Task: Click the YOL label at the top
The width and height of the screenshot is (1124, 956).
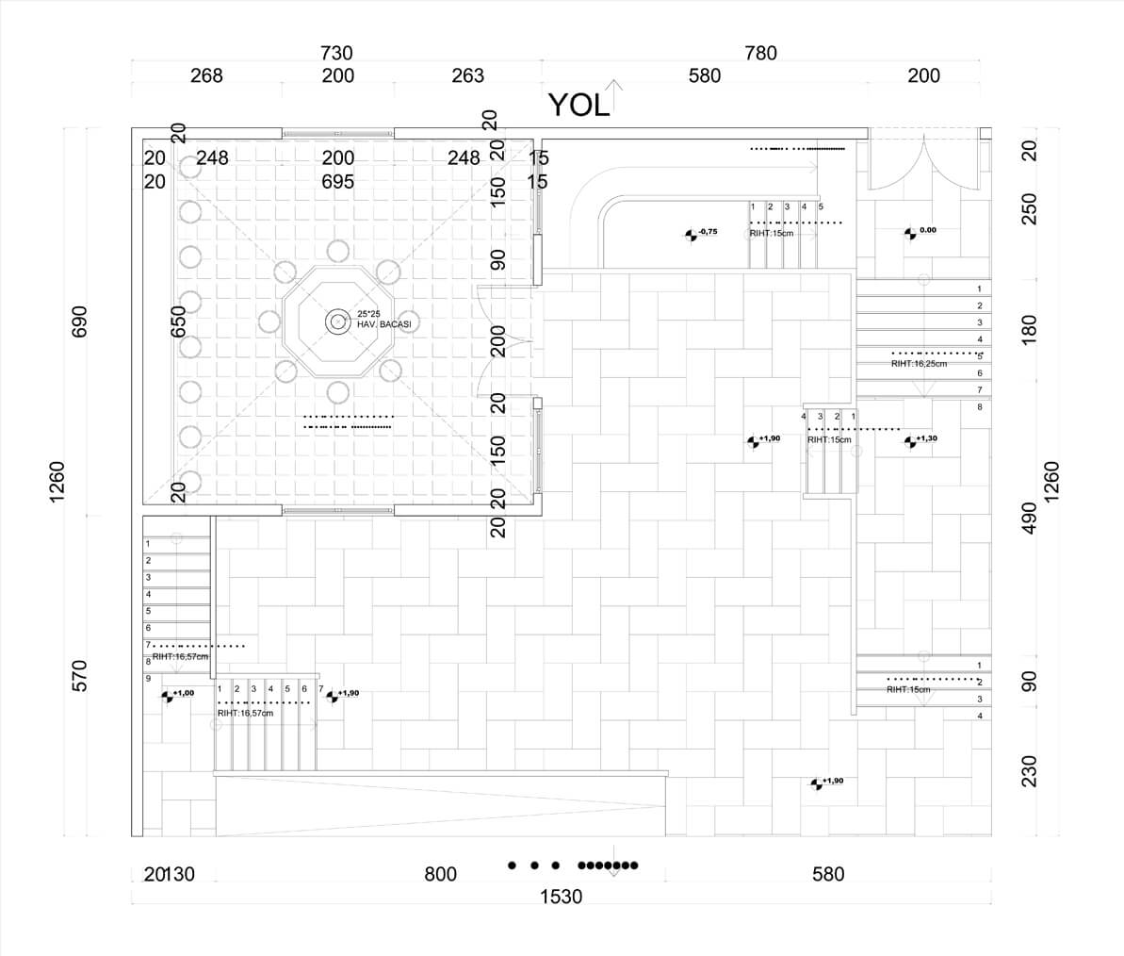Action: tap(578, 106)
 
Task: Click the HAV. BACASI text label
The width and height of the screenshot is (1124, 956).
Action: tap(383, 324)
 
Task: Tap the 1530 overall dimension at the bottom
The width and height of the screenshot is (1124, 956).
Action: tap(561, 897)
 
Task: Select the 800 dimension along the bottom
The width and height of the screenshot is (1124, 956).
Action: tap(440, 875)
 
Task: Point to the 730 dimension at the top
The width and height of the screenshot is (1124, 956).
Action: tap(337, 54)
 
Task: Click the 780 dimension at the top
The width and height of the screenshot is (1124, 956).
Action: tap(760, 54)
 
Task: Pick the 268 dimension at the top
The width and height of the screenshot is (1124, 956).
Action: tap(206, 76)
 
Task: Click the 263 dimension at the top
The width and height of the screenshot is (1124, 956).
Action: tap(467, 76)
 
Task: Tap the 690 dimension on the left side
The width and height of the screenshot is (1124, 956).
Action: tap(79, 321)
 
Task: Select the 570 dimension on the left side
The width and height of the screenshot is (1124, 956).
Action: tap(79, 675)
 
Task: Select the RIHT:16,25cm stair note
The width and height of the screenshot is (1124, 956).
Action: tap(919, 364)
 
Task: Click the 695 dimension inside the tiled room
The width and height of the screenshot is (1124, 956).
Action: tap(338, 182)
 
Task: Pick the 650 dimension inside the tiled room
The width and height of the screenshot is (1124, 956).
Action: tap(178, 321)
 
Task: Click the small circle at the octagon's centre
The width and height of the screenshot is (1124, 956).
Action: tap(337, 322)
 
